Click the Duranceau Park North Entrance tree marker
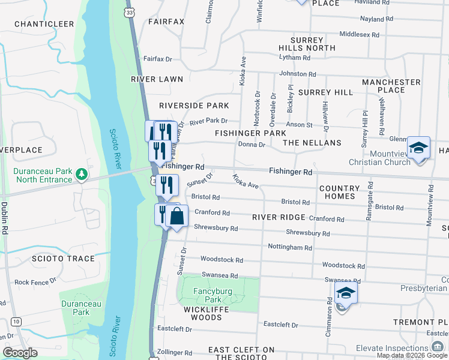(x=82, y=175)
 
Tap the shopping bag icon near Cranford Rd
(x=176, y=217)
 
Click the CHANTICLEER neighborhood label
(x=44, y=24)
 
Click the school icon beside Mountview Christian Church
(x=418, y=148)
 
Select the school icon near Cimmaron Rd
(x=346, y=293)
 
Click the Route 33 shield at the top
(x=129, y=11)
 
